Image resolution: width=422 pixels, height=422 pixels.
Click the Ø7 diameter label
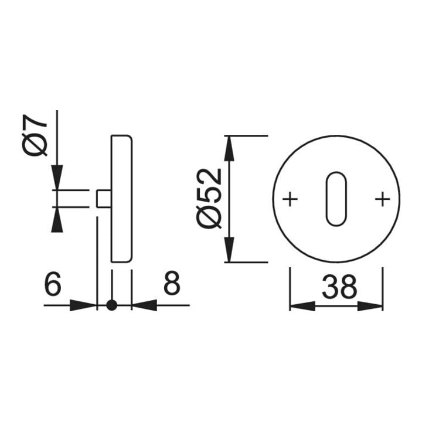35,135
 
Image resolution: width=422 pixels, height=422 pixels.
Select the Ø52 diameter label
209,199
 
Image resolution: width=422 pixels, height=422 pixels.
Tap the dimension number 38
339,287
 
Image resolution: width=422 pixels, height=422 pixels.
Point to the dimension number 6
53,283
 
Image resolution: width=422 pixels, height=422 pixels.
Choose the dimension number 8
172,283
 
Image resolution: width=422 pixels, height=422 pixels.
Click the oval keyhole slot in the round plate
336,199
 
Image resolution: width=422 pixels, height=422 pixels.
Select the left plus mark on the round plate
290,199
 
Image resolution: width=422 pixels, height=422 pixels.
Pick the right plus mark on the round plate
382,199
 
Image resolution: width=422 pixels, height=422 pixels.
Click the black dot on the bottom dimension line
112,305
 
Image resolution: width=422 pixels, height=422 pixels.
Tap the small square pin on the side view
104,199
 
